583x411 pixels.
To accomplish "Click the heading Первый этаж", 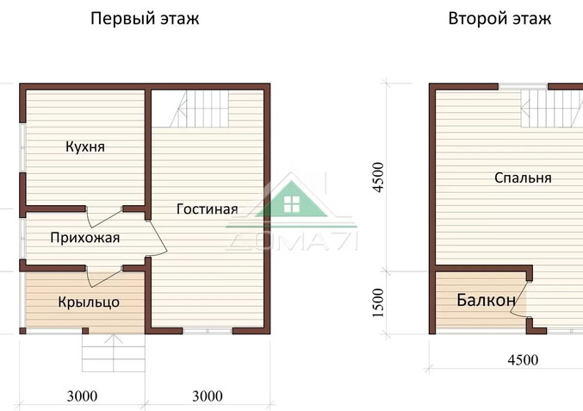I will point(145,18).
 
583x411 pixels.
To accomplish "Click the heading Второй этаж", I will point(499,18).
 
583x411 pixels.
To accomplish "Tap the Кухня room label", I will point(85,146).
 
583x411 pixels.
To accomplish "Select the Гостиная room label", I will point(207,209).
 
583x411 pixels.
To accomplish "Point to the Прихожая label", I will point(84,238).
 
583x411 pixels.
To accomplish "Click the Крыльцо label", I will point(89,302).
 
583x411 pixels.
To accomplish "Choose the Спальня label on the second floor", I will point(523,177).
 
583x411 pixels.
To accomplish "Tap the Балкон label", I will point(487,300).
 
